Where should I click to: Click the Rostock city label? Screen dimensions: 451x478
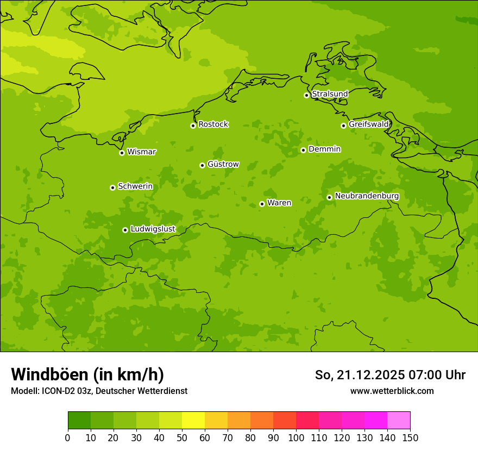pyautogui.click(x=213, y=124)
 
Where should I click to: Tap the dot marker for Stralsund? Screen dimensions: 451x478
pyautogui.click(x=306, y=95)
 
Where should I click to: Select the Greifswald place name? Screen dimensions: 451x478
pyautogui.click(x=368, y=124)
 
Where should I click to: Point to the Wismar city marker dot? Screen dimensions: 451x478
pyautogui.click(x=122, y=153)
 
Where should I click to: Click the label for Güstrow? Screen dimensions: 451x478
pyautogui.click(x=223, y=164)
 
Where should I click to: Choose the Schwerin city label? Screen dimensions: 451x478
pyautogui.click(x=135, y=186)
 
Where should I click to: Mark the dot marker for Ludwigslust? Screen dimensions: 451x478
pyautogui.click(x=125, y=230)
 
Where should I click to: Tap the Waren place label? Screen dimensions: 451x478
pyautogui.click(x=279, y=203)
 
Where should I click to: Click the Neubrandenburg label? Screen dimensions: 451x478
pyautogui.click(x=367, y=196)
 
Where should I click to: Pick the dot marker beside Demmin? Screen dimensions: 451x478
pyautogui.click(x=303, y=150)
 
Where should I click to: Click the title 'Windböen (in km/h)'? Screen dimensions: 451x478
pyautogui.click(x=87, y=374)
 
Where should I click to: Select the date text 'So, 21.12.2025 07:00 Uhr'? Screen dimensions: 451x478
pyautogui.click(x=390, y=375)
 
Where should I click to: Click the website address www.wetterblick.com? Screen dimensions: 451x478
pyautogui.click(x=392, y=391)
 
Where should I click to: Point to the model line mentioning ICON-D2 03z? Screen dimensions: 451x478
pyautogui.click(x=99, y=391)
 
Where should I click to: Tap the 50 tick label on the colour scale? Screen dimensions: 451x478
pyautogui.click(x=182, y=438)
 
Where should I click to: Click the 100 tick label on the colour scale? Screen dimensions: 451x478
pyautogui.click(x=296, y=438)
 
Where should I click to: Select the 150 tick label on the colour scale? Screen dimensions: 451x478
pyautogui.click(x=410, y=438)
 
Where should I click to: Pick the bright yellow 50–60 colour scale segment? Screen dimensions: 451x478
pyautogui.click(x=193, y=421)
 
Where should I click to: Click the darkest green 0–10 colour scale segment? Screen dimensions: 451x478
pyautogui.click(x=79, y=421)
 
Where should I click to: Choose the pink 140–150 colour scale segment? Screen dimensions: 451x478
pyautogui.click(x=399, y=421)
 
